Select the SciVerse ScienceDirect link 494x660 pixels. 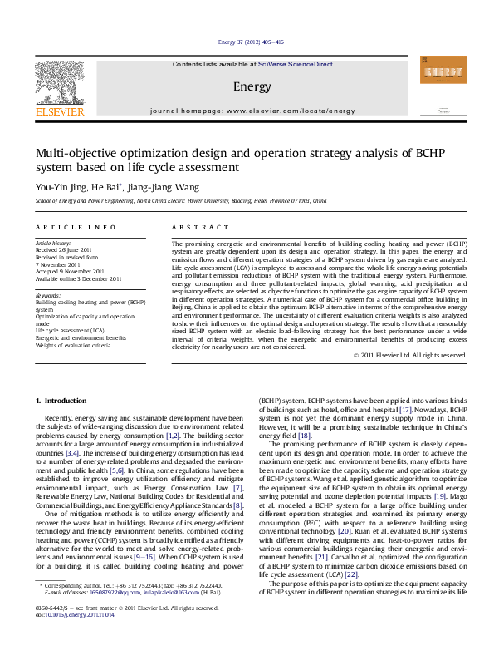295,64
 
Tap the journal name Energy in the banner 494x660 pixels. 252,86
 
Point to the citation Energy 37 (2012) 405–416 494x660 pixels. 250,41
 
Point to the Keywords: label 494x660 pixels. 48,295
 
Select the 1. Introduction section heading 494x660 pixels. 64,401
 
